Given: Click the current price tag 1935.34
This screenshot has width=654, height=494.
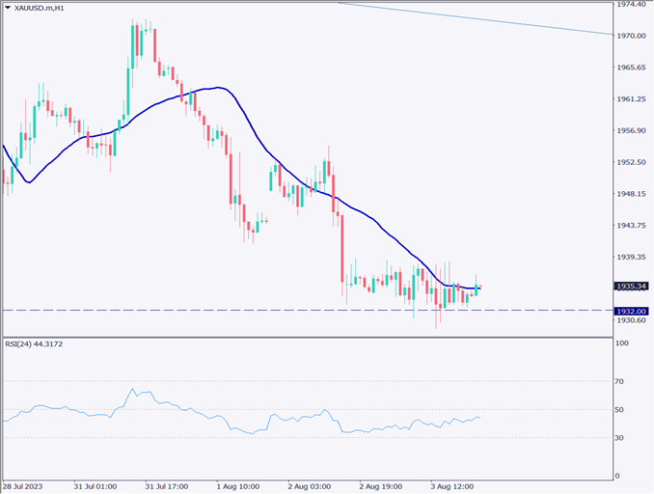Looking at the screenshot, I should pyautogui.click(x=631, y=286).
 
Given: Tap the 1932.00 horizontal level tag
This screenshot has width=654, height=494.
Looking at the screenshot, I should pyautogui.click(x=631, y=310).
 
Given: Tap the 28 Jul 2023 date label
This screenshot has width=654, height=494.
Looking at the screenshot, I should pyautogui.click(x=23, y=486).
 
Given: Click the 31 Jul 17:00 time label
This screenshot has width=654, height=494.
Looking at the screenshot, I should pyautogui.click(x=166, y=486).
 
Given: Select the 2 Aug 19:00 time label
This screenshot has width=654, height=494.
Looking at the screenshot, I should pyautogui.click(x=381, y=486).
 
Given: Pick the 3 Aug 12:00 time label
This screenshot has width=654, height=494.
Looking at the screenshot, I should pyautogui.click(x=452, y=486).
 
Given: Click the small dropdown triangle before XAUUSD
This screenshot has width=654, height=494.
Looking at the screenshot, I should pyautogui.click(x=8, y=8).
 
